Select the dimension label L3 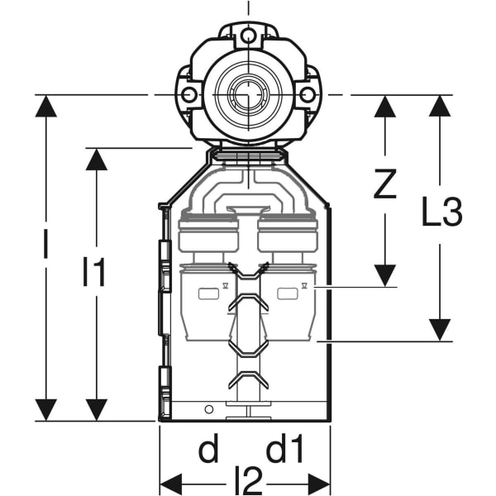click(441, 213)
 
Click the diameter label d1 click(285, 451)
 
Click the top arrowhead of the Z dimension click(384, 107)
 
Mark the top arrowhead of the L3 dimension click(440, 107)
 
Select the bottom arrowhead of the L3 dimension click(440, 329)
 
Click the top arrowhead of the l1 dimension click(97, 160)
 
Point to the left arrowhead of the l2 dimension click(170, 482)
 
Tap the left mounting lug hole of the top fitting click(189, 95)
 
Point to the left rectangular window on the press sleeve click(204, 293)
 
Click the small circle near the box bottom click(208, 408)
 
